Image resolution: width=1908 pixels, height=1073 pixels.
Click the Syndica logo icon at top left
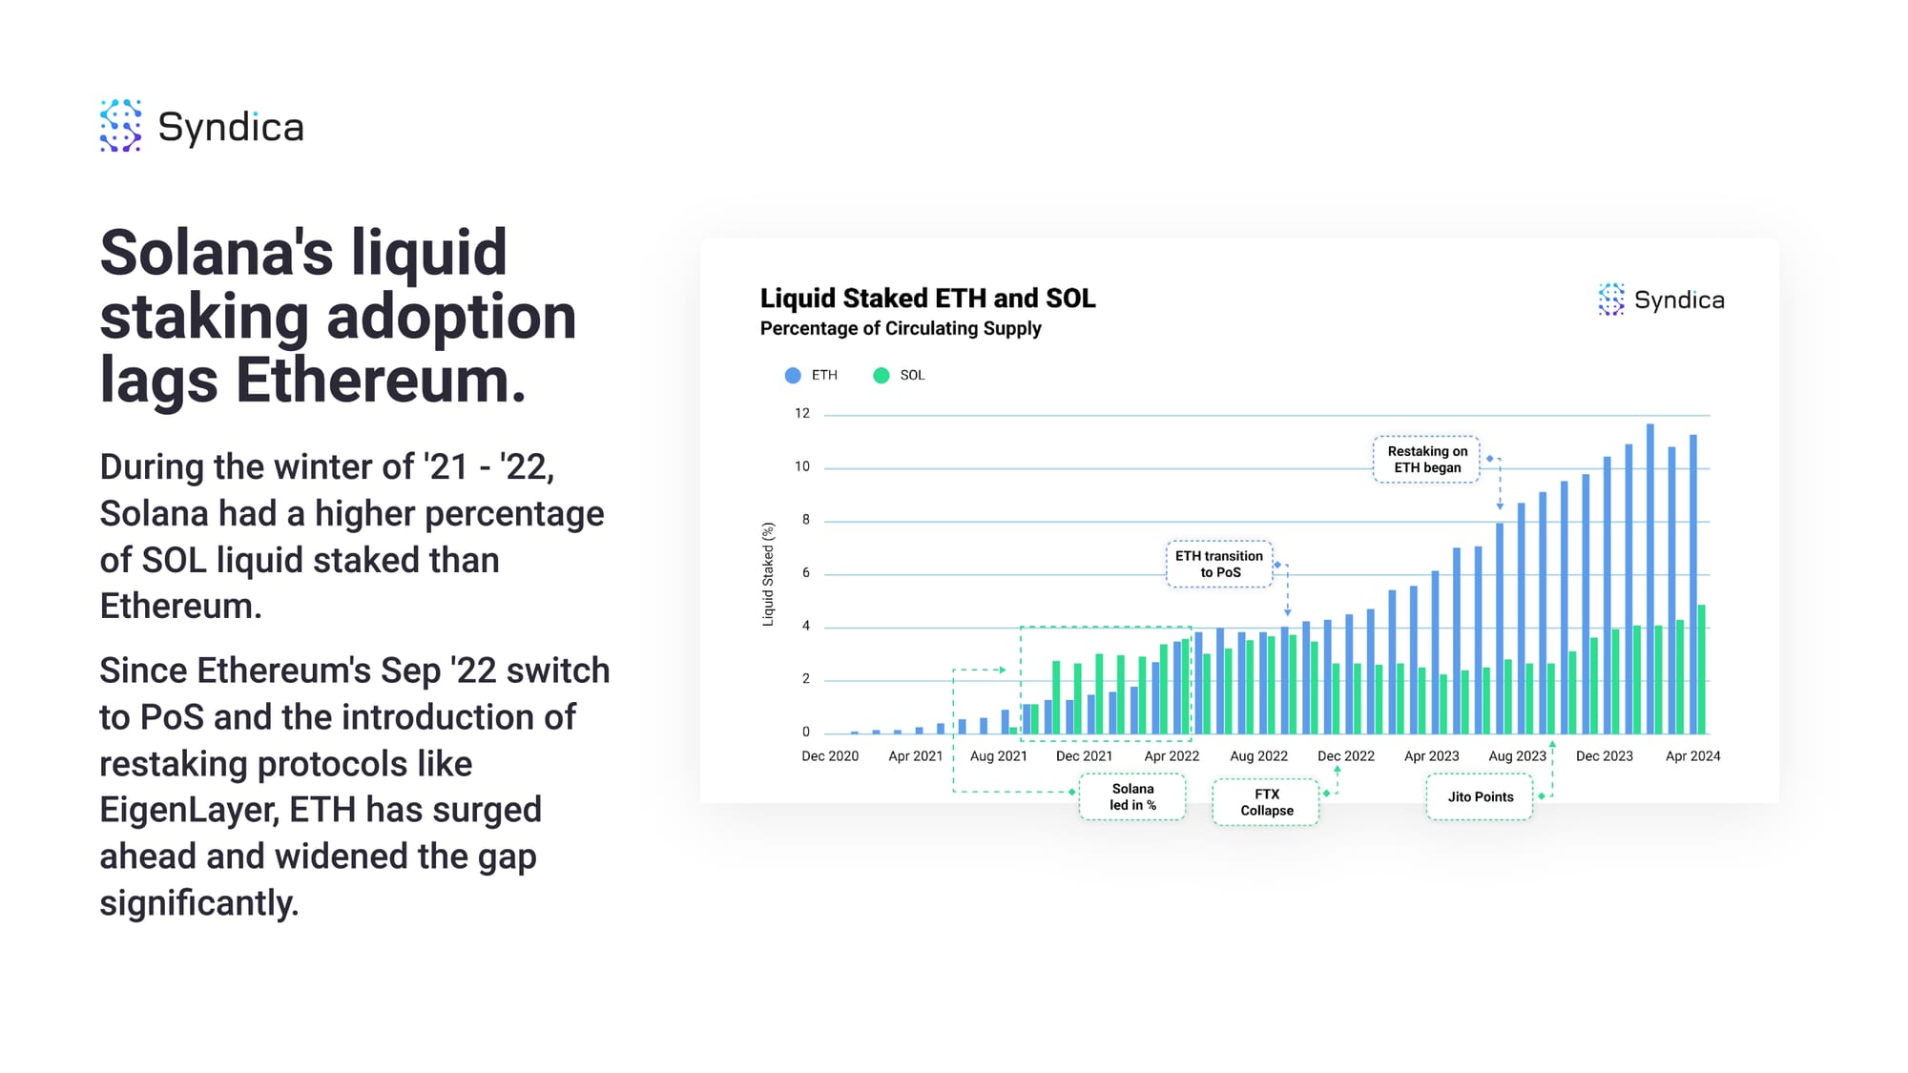click(x=120, y=126)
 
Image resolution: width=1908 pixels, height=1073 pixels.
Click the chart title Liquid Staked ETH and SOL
click(x=927, y=299)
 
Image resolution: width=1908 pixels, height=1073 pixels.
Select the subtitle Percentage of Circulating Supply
click(x=901, y=328)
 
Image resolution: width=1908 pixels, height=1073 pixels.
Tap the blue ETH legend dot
click(x=793, y=376)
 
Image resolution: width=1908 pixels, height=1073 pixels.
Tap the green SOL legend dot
click(x=881, y=376)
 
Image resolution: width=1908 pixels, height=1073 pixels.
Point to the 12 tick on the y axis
click(x=802, y=413)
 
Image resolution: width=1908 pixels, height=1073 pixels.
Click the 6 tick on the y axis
click(x=806, y=573)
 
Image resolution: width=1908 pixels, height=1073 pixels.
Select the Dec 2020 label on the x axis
click(x=830, y=756)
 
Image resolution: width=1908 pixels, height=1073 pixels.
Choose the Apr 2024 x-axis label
click(x=1693, y=756)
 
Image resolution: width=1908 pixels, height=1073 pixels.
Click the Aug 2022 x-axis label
click(x=1259, y=756)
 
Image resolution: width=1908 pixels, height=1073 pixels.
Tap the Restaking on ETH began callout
click(x=1427, y=460)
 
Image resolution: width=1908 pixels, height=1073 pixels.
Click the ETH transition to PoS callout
click(x=1219, y=564)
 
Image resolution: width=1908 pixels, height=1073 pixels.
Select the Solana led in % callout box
click(x=1132, y=796)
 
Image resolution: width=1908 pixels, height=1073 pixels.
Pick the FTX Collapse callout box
click(x=1267, y=802)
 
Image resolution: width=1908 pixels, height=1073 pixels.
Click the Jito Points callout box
click(x=1481, y=796)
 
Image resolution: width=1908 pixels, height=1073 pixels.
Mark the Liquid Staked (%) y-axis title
click(x=768, y=574)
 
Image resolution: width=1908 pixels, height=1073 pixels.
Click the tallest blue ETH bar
click(x=1650, y=579)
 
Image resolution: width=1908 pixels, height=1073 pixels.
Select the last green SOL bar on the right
click(x=1702, y=670)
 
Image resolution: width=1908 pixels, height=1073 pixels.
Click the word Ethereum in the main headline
click(x=381, y=380)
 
